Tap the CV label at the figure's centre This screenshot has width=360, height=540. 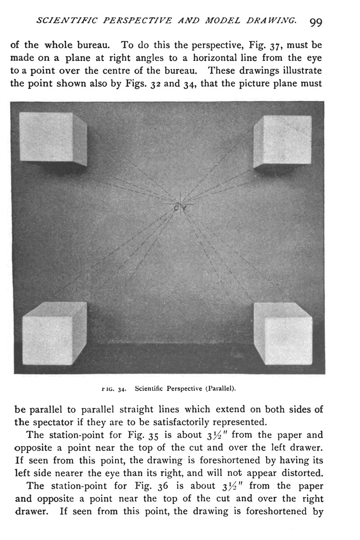180,207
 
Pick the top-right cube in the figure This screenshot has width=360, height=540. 283,141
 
